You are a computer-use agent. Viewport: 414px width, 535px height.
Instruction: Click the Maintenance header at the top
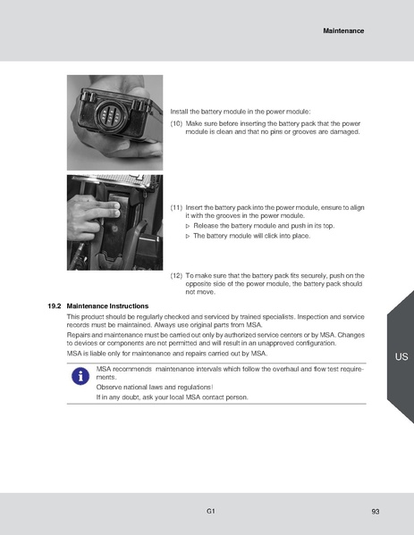(x=342, y=31)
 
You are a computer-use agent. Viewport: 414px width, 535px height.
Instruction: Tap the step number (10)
(x=176, y=124)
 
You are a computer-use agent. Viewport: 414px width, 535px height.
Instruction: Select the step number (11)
(x=176, y=207)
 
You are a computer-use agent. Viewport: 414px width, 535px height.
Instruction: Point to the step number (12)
(x=176, y=277)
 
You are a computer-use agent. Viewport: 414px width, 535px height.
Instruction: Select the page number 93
(x=376, y=511)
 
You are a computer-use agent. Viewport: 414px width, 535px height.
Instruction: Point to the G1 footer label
(x=209, y=511)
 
